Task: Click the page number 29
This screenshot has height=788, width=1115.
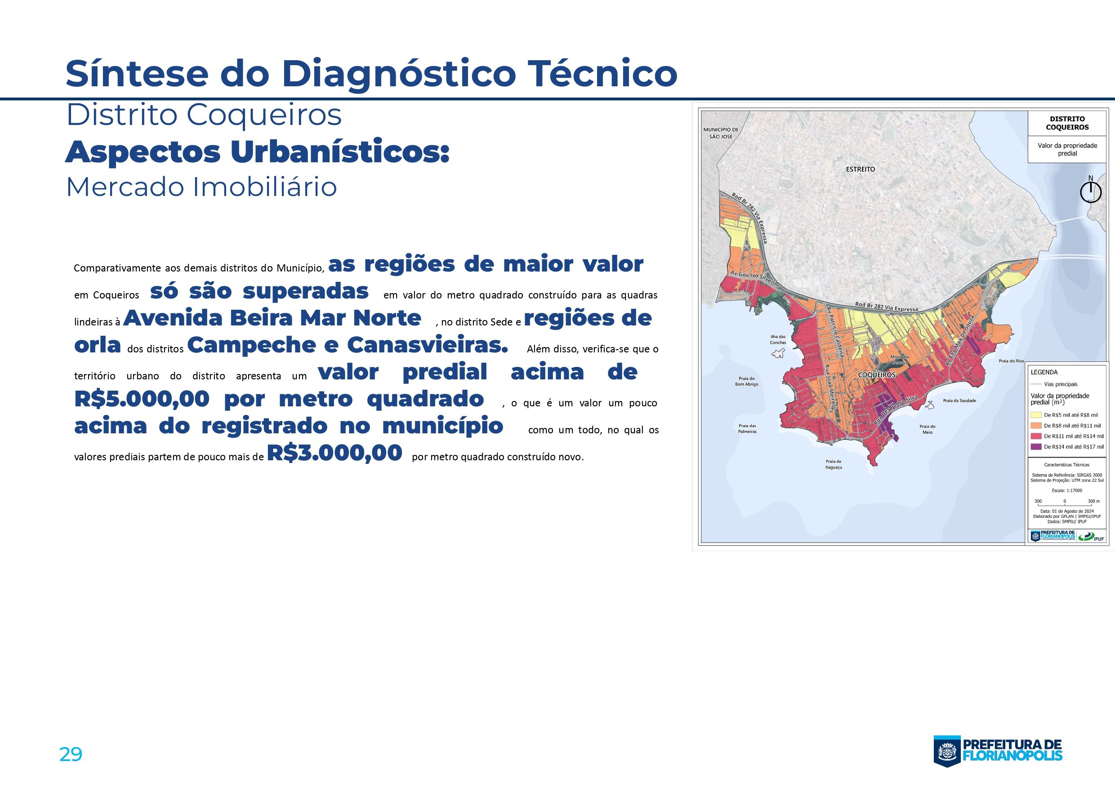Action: click(x=71, y=754)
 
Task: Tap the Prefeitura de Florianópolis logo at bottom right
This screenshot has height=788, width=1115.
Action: click(x=998, y=752)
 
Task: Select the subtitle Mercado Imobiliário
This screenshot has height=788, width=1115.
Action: click(x=201, y=187)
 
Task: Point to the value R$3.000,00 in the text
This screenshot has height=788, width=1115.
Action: click(x=334, y=453)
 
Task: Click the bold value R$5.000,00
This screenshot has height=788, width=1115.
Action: click(x=142, y=399)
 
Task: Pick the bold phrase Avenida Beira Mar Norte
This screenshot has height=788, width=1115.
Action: click(x=272, y=318)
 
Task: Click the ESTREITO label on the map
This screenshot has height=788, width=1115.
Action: click(x=861, y=169)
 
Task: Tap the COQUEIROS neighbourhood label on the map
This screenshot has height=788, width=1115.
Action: click(x=877, y=375)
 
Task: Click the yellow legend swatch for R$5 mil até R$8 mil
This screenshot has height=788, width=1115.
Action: click(x=1036, y=415)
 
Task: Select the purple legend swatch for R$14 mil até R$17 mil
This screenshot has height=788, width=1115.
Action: click(x=1036, y=447)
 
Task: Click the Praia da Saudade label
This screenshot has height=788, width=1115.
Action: click(x=959, y=401)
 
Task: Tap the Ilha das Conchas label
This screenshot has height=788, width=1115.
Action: click(x=777, y=339)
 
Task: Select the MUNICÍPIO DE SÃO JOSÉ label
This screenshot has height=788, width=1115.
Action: click(x=721, y=133)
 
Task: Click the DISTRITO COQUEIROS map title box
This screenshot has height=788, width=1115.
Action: click(x=1067, y=123)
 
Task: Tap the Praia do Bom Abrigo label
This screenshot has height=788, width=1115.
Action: click(x=746, y=381)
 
